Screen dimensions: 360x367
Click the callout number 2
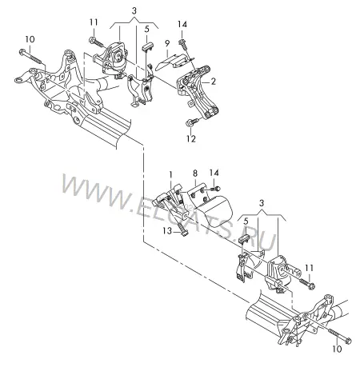tap(213, 82)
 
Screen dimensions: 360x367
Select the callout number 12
tap(191, 138)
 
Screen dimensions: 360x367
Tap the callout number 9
tap(167, 43)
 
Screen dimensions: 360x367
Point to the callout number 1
tap(170, 175)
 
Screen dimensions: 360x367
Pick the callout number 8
tap(195, 174)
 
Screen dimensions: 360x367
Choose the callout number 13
tap(167, 231)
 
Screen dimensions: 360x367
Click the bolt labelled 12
tap(192, 122)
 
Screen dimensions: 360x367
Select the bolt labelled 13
tap(182, 229)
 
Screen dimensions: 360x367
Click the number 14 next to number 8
tap(214, 173)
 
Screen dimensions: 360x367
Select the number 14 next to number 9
tap(182, 24)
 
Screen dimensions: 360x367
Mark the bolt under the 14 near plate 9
tap(183, 45)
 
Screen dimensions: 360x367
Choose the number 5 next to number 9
tap(147, 29)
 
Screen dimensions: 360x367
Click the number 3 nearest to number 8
tap(262, 203)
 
